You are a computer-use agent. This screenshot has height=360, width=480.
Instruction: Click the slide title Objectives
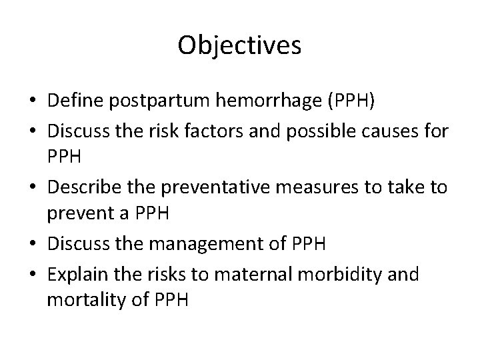coord(240,45)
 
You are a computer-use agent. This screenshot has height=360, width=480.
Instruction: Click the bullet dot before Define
coord(32,101)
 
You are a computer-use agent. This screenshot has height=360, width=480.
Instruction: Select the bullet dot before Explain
coord(32,274)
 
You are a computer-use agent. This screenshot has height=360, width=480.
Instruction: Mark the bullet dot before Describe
coord(32,187)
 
